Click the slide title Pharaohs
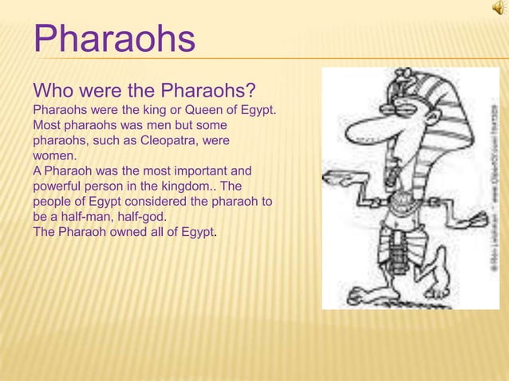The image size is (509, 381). (114, 40)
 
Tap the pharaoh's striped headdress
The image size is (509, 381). (431, 120)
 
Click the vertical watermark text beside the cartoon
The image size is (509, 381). (491, 191)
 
